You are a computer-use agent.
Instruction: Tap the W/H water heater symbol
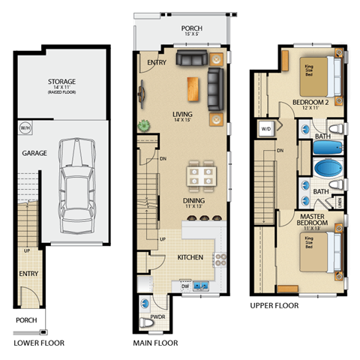25,127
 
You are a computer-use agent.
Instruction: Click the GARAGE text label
34,153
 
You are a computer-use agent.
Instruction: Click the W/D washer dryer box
265,128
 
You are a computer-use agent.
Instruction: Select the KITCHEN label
190,257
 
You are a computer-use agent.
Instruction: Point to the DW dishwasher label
184,286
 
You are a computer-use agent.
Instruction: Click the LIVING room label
183,114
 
